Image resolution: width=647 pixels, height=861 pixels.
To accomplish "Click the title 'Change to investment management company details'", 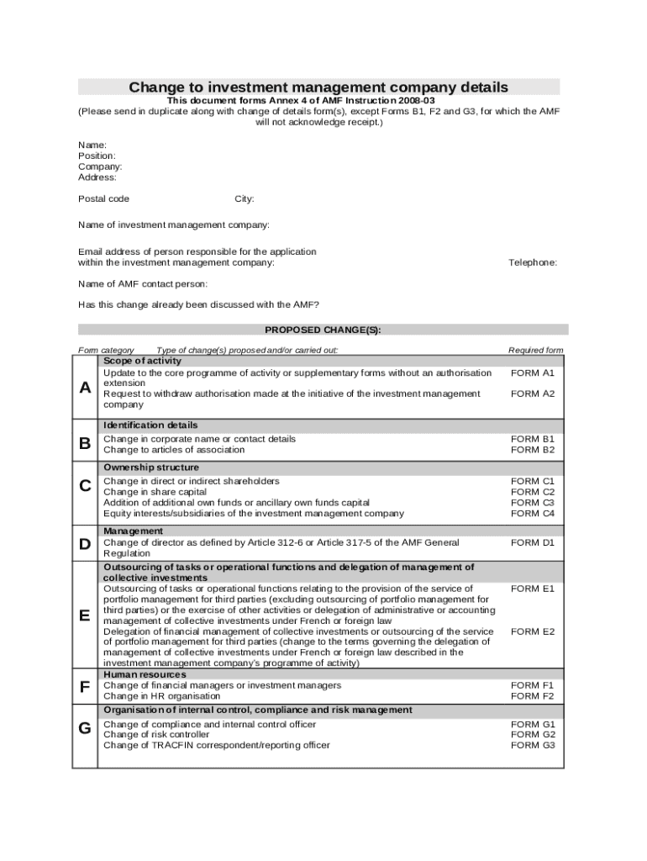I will pyautogui.click(x=318, y=87).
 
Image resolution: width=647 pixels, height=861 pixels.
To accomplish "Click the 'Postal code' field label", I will pyautogui.click(x=103, y=199).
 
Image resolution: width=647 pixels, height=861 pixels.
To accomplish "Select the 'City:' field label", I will pyautogui.click(x=244, y=199).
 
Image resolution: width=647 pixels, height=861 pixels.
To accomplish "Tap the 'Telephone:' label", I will pyautogui.click(x=533, y=262).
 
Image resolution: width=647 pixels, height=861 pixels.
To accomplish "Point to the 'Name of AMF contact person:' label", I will pyautogui.click(x=143, y=284).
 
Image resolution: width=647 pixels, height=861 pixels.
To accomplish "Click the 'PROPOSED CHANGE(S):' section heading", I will pyautogui.click(x=323, y=330).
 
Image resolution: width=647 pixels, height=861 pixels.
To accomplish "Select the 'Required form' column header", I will pyautogui.click(x=535, y=350).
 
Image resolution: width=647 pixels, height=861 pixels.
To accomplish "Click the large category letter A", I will pyautogui.click(x=85, y=388).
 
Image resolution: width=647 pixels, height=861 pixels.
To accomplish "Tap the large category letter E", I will pyautogui.click(x=85, y=615).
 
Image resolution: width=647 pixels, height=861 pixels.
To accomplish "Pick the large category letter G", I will pyautogui.click(x=85, y=728).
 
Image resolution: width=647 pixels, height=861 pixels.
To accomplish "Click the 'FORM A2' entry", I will pyautogui.click(x=533, y=394).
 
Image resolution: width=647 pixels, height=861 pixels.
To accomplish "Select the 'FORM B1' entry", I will pyautogui.click(x=533, y=439).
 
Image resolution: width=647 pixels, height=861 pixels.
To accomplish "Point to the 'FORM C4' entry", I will pyautogui.click(x=533, y=513).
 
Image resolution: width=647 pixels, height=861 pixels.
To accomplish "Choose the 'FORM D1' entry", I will pyautogui.click(x=533, y=542).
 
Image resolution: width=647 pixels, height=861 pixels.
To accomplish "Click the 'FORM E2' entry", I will pyautogui.click(x=533, y=631).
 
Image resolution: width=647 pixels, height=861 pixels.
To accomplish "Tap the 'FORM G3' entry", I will pyautogui.click(x=533, y=745).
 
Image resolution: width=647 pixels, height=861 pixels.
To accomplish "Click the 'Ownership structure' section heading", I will pyautogui.click(x=151, y=467).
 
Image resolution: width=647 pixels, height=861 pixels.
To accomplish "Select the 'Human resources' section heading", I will pyautogui.click(x=145, y=674).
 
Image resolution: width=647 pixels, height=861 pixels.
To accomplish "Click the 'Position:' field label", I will pyautogui.click(x=97, y=156).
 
